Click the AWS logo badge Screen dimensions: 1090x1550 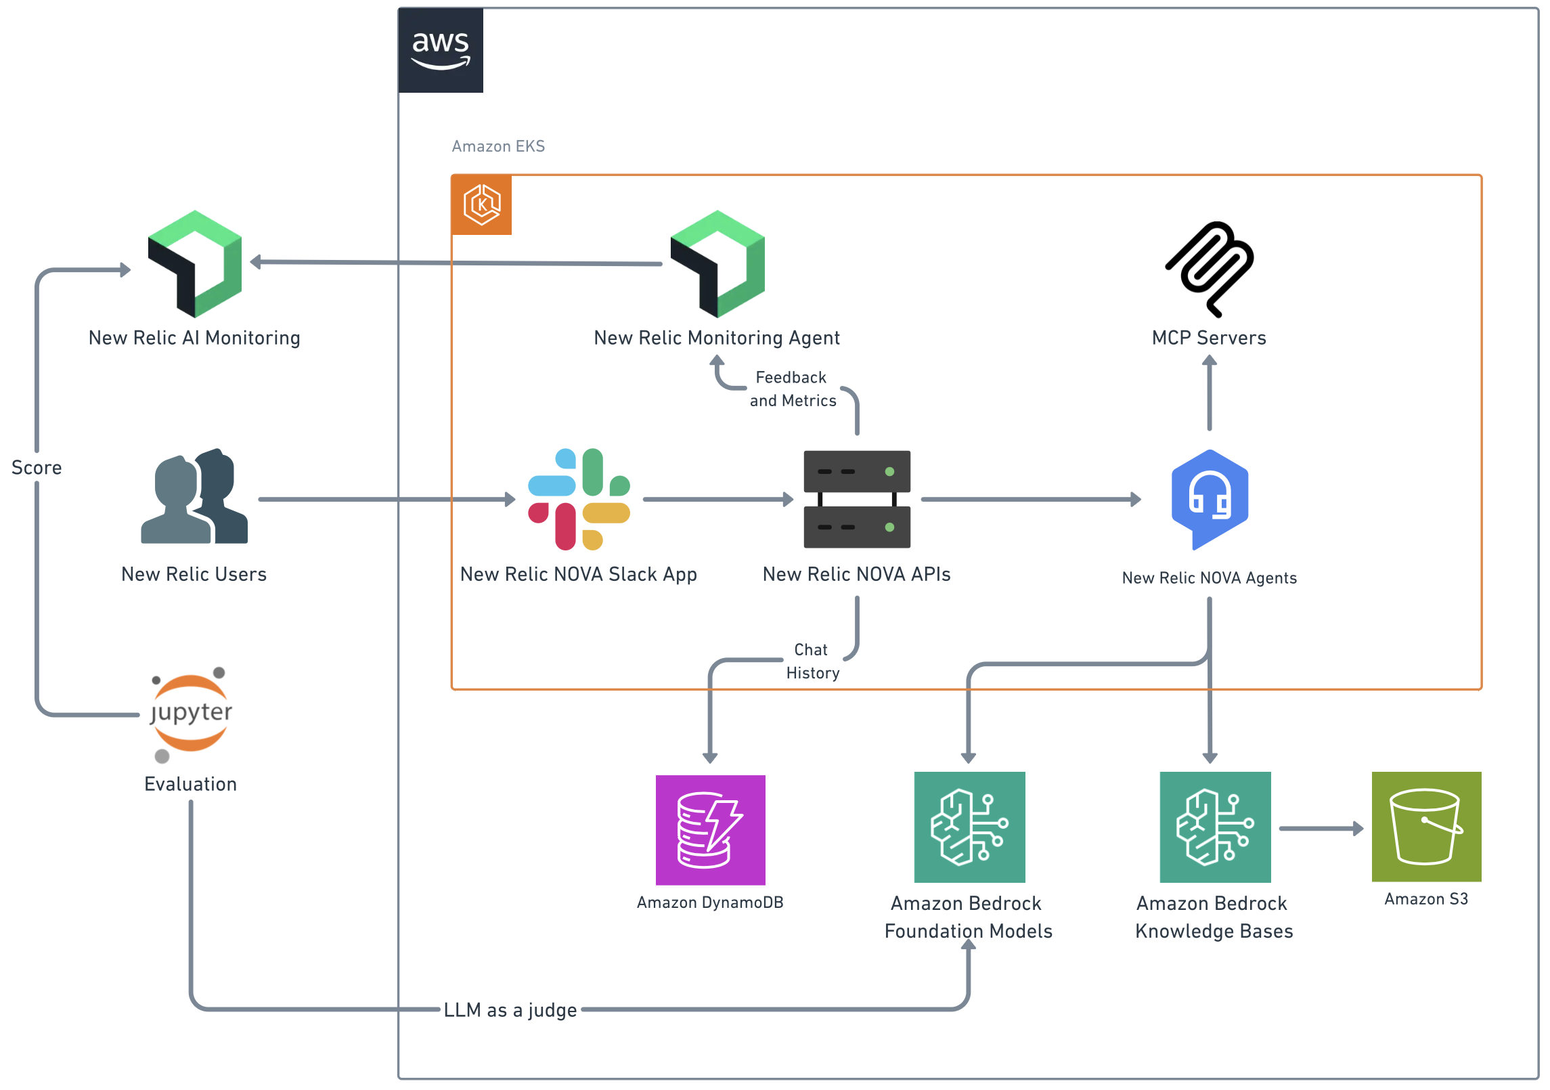point(440,50)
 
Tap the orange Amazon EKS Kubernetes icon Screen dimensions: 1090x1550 point(481,204)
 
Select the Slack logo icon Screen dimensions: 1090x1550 point(579,499)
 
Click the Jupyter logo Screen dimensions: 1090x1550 point(191,714)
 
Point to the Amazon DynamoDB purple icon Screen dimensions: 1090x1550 point(710,829)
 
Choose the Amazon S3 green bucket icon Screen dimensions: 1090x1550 point(1425,826)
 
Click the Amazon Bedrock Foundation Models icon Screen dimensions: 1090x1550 point(969,827)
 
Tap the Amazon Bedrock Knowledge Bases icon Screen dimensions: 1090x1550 point(1214,827)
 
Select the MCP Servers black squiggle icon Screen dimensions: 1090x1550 point(1210,269)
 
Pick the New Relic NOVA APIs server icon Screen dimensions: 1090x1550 point(856,499)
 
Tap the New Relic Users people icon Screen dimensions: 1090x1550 point(194,498)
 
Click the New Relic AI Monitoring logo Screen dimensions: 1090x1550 point(195,264)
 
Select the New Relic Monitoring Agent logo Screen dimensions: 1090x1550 point(717,264)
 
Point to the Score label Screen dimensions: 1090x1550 point(37,468)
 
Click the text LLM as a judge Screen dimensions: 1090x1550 point(510,1010)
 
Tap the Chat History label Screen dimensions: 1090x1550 point(812,661)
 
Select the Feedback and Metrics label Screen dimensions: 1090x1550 point(792,389)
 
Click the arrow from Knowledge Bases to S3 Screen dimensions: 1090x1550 point(1320,828)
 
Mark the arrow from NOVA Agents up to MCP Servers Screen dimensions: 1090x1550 point(1210,393)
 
